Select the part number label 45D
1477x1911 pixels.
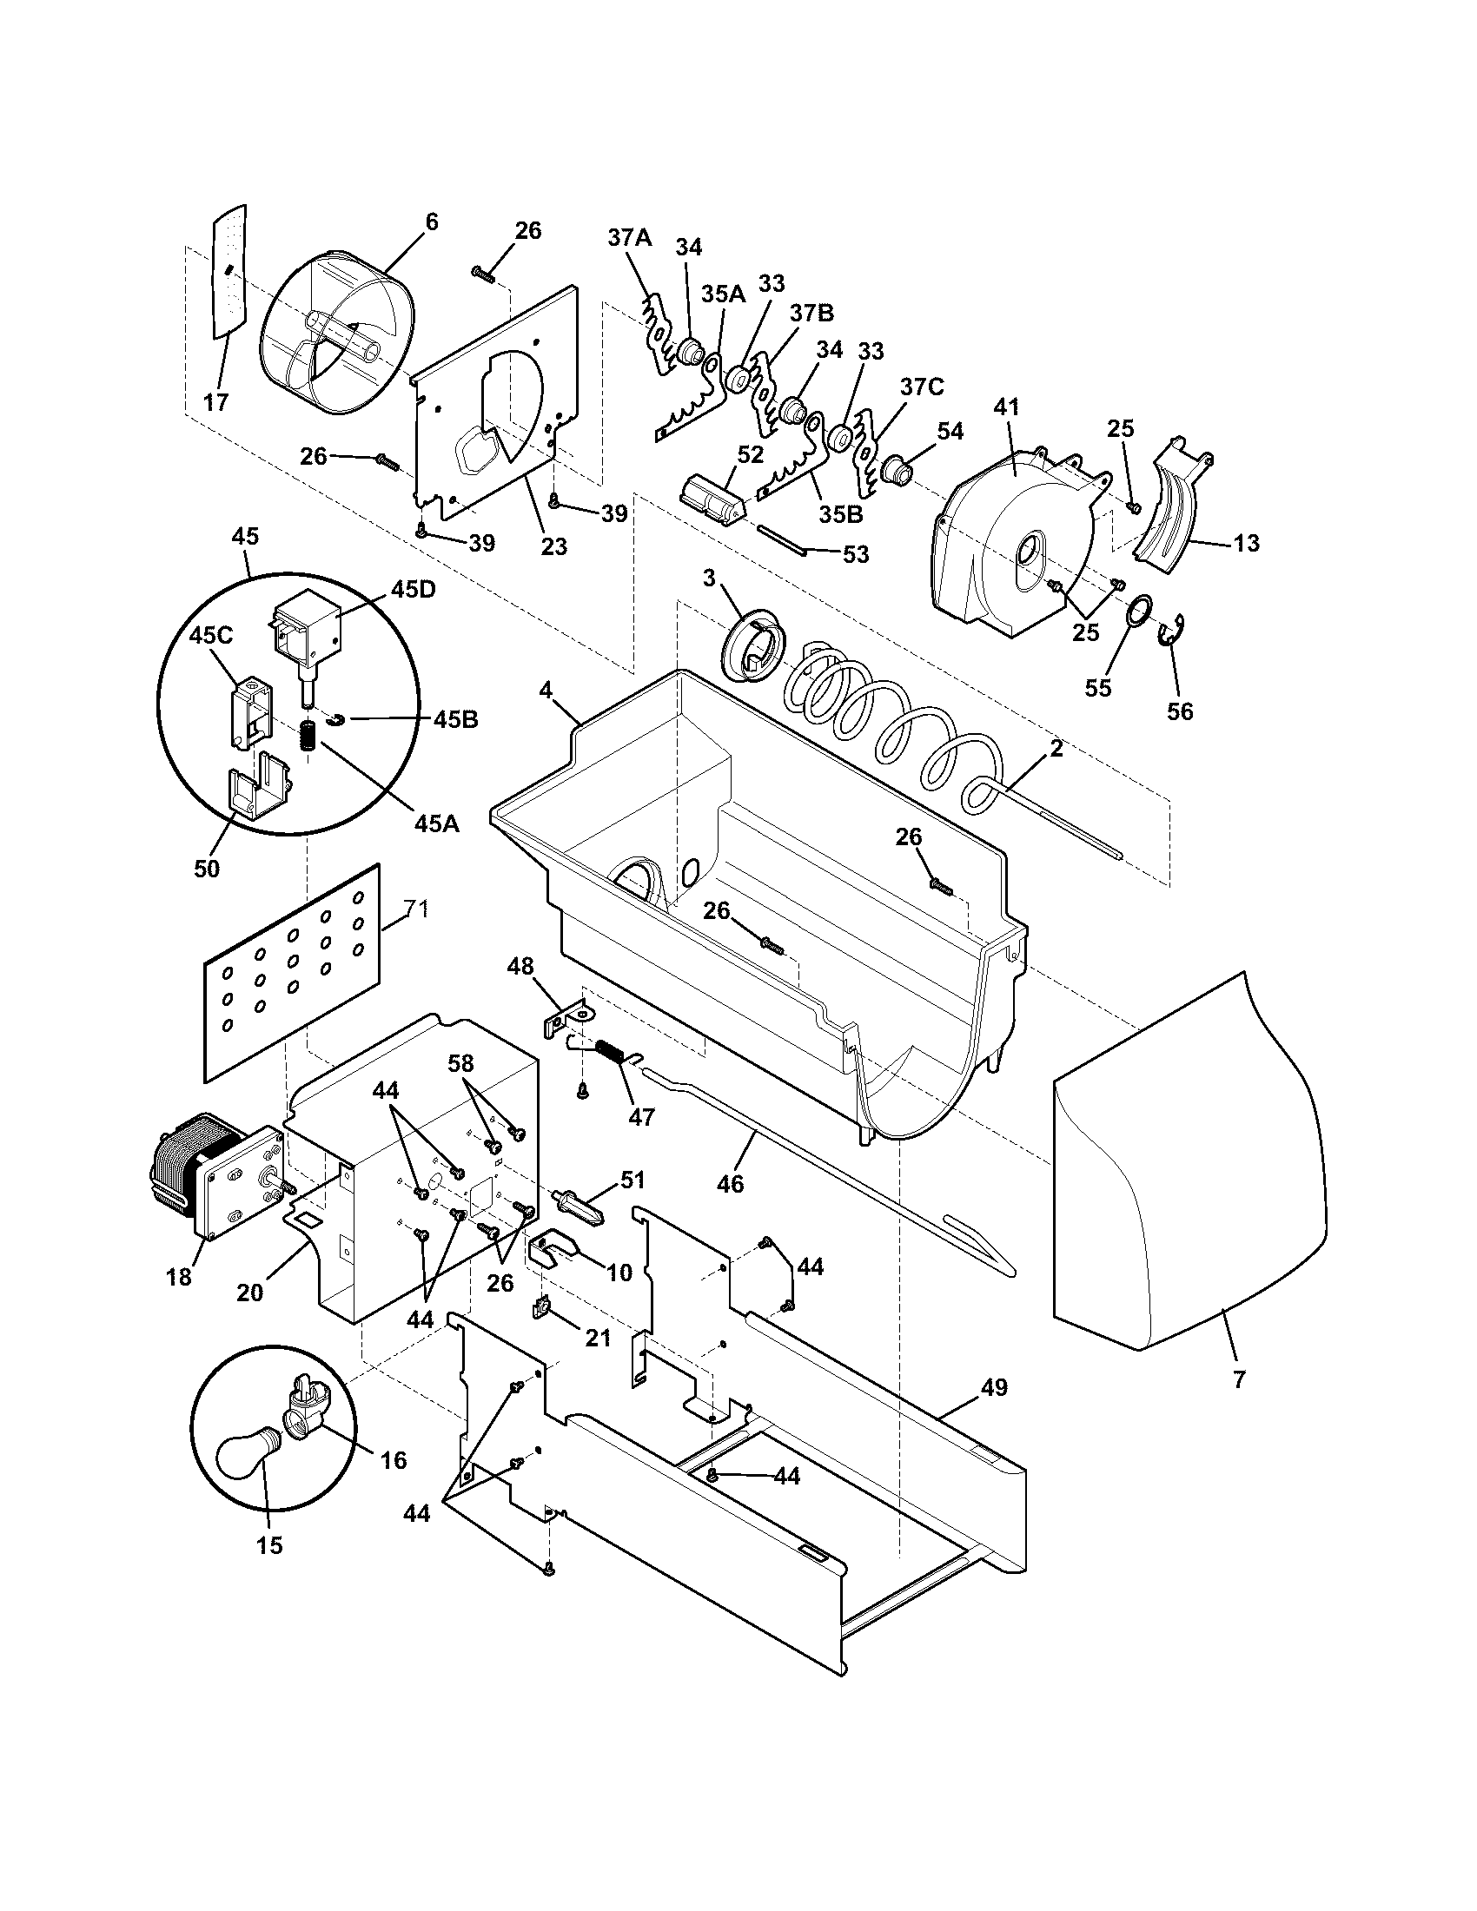pos(413,589)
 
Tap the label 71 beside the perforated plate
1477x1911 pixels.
pos(416,909)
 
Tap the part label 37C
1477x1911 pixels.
pos(921,387)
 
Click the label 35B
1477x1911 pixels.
pos(841,513)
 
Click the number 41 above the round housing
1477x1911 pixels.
pos(1007,407)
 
